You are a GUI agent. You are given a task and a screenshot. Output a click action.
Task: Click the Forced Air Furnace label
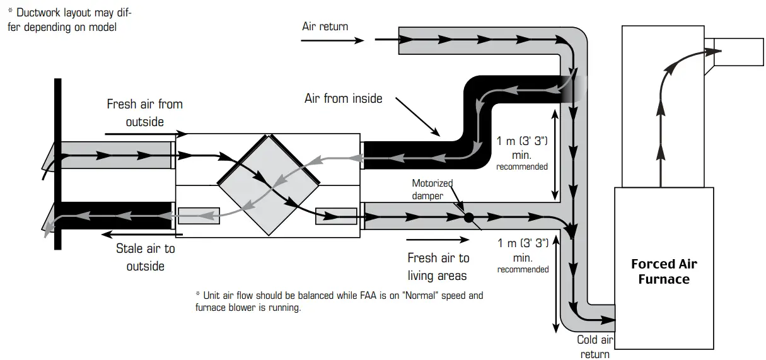664,272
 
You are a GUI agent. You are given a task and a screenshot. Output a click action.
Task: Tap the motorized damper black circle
468,218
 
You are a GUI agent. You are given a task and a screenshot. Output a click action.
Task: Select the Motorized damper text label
432,189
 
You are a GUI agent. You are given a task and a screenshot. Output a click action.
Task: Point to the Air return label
325,26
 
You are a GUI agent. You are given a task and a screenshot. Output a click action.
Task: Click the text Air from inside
343,98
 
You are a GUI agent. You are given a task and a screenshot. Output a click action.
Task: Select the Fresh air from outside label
144,113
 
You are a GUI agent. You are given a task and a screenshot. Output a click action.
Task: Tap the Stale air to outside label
145,257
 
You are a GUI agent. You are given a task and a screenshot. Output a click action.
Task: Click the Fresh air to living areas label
438,267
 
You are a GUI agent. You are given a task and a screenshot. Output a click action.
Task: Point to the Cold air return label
595,347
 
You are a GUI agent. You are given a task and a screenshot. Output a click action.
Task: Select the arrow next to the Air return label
332,40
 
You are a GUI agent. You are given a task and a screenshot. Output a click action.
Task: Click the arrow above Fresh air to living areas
438,240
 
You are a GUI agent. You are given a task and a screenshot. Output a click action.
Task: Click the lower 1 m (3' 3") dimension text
522,255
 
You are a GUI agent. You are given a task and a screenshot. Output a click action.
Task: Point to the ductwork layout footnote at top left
70,20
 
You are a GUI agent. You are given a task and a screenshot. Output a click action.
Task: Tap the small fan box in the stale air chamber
199,216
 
